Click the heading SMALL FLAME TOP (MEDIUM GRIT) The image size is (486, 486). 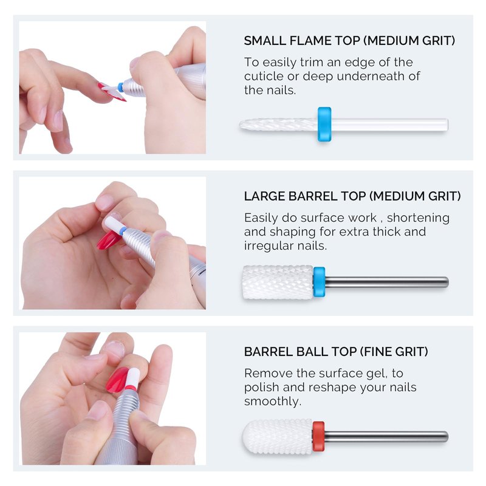coord(349,41)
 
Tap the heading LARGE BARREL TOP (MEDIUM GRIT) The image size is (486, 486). coord(352,196)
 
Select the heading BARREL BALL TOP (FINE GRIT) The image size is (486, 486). coord(336,352)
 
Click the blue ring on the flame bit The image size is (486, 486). coord(324,125)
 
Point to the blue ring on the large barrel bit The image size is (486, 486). coord(319,282)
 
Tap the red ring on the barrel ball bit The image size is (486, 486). coord(318,436)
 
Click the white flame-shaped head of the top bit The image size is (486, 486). coord(279,125)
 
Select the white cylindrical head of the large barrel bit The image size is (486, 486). coord(278,282)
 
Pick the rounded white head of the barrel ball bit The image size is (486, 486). coord(278,437)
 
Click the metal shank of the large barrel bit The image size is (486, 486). coord(386,282)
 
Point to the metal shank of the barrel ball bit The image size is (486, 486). coord(386,436)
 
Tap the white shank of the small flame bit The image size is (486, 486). coord(389,125)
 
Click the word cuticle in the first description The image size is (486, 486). coord(264,77)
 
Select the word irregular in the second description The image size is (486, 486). coord(269,246)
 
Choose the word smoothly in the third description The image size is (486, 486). coord(272,402)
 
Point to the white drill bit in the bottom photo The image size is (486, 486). coord(131,378)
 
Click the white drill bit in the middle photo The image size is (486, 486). coord(114,224)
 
